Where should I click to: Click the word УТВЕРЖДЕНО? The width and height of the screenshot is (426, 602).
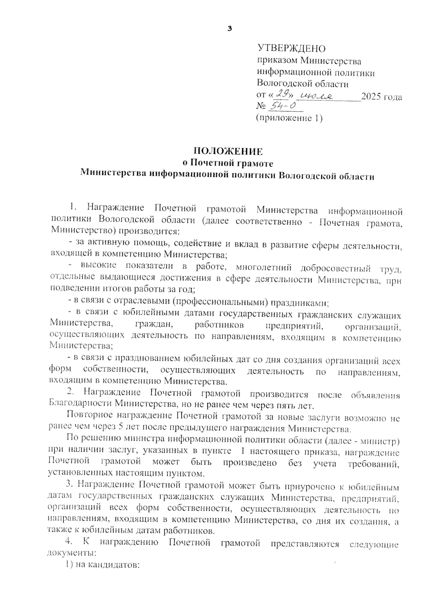[x=291, y=48]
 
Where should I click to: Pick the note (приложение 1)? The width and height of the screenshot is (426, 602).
[x=289, y=118]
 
